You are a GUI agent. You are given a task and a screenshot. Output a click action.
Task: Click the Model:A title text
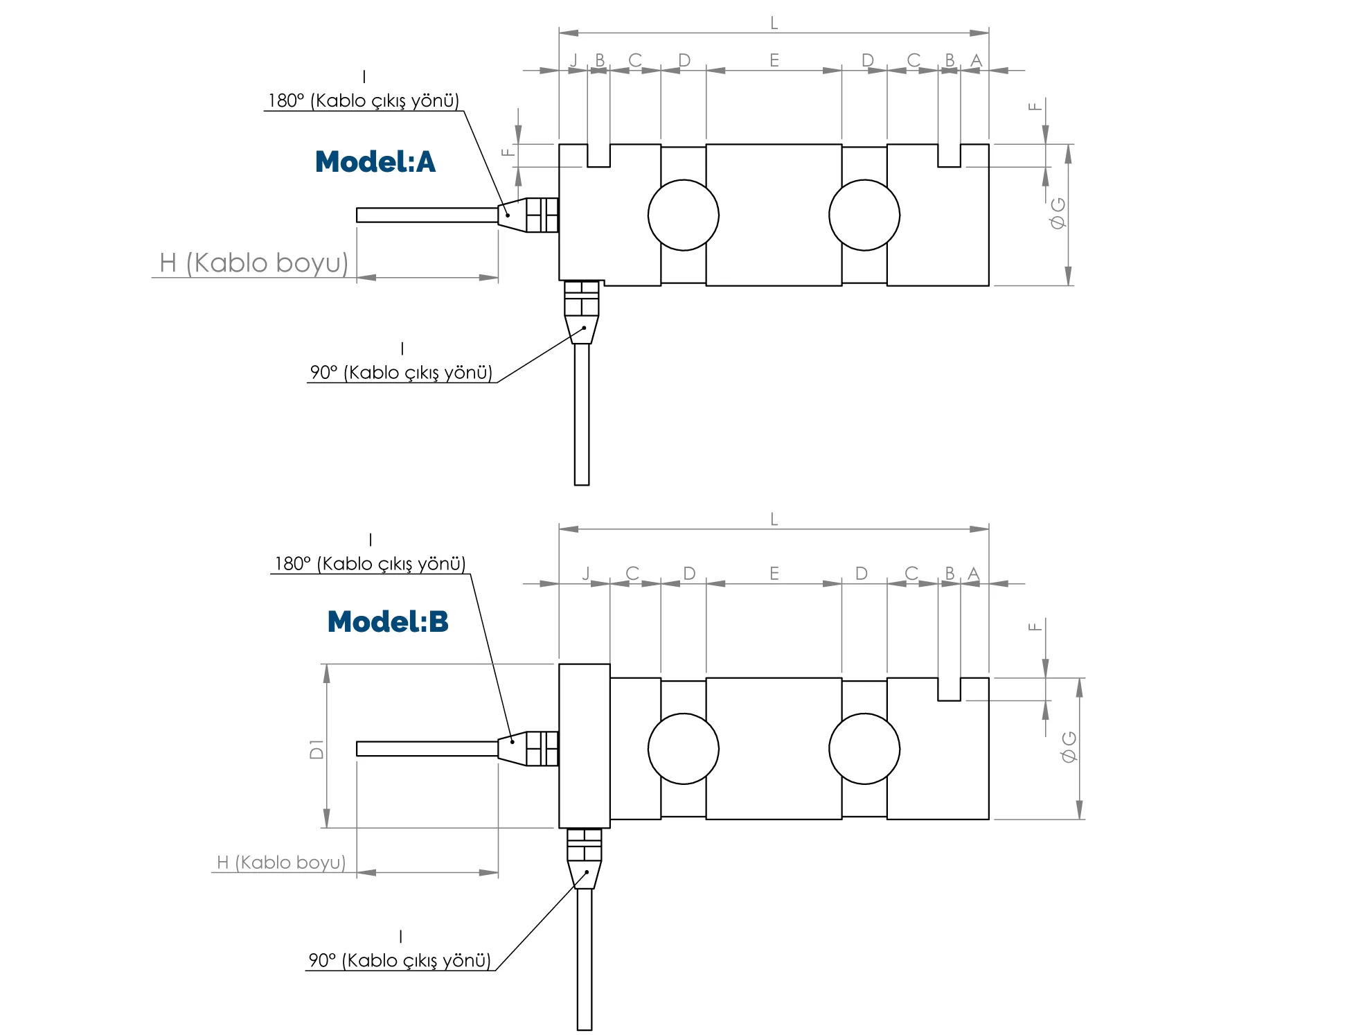pos(375,162)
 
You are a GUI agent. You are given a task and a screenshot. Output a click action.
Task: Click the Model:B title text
pos(387,622)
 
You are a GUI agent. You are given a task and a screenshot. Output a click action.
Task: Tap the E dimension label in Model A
pos(774,60)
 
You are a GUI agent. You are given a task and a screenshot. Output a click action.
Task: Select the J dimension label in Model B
pos(586,573)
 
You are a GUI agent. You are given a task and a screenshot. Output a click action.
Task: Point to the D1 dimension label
pos(317,749)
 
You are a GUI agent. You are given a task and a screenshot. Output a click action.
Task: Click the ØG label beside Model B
pos(1069,747)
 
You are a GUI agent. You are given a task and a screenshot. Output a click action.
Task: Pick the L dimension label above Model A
pos(774,24)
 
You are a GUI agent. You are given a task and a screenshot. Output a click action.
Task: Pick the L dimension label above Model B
pos(774,519)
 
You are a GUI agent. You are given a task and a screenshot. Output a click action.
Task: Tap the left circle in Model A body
pos(683,215)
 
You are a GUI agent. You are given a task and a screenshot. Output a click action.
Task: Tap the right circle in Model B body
pos(864,749)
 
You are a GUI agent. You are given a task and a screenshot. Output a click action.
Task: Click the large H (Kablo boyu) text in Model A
pos(253,263)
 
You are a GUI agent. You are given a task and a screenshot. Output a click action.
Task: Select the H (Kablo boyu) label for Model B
pos(281,862)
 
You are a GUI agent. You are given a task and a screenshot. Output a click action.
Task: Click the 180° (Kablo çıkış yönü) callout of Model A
pos(364,101)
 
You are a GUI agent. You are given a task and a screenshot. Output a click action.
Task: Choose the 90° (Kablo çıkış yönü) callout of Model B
pos(400,960)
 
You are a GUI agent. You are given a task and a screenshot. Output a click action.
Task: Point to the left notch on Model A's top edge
pos(598,156)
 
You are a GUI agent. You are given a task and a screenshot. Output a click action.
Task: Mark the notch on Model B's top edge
pos(949,689)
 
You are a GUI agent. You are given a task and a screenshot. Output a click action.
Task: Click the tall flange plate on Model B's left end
pos(584,745)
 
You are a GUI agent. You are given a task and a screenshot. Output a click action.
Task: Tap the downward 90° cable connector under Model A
pos(582,312)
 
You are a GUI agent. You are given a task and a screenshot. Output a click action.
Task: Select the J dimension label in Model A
pos(573,60)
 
